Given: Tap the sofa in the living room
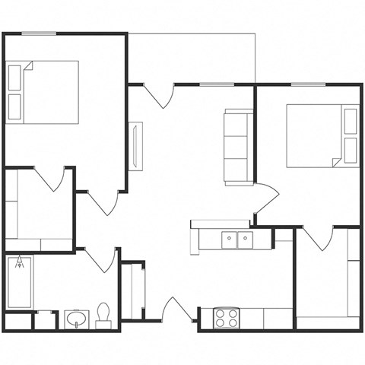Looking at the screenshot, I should [236, 147].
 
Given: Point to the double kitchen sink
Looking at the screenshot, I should [237, 240].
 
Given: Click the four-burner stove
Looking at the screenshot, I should [225, 318].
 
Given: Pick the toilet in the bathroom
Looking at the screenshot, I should [103, 315].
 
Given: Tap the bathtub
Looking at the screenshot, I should [19, 282].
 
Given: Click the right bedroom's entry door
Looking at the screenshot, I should [266, 200].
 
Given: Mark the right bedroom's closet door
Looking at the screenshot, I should [319, 237].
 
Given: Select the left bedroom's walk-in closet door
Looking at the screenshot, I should [49, 178].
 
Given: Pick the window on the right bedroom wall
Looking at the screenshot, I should [308, 84].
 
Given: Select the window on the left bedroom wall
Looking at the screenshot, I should [38, 33].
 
